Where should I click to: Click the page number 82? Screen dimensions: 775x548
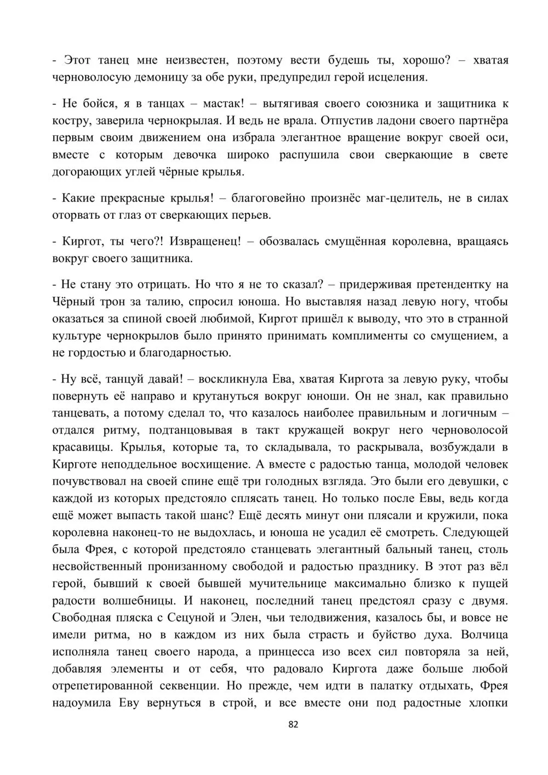293,724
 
